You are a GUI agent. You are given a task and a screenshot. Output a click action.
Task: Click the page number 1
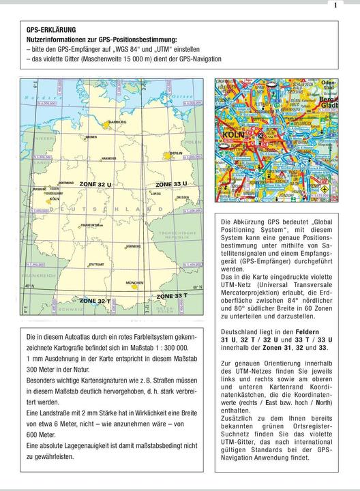click(335, 5)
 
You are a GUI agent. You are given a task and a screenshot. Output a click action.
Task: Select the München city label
click(134, 282)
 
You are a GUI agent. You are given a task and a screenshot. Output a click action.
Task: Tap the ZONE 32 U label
click(94, 185)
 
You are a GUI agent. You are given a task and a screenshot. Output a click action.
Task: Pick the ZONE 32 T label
click(94, 300)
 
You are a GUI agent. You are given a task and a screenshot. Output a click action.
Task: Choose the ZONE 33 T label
click(171, 296)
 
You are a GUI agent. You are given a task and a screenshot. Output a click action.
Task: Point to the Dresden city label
click(182, 198)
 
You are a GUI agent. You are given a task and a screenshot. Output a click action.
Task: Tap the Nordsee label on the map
click(41, 98)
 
